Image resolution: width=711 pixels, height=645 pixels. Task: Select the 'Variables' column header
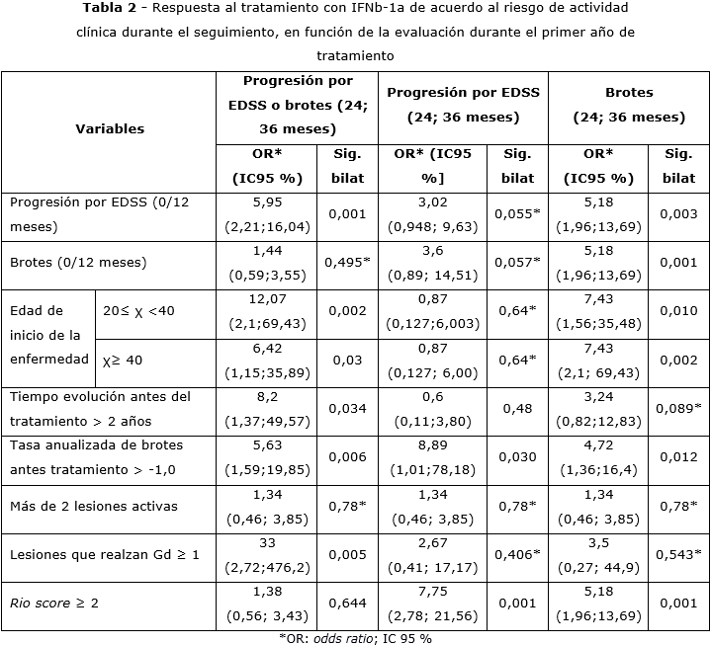coord(110,128)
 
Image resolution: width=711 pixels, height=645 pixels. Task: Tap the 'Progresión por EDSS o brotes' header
coord(298,105)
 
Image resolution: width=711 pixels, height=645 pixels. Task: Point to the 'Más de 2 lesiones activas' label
coord(94,507)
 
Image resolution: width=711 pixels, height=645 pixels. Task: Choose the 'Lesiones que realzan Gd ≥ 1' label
coord(105,555)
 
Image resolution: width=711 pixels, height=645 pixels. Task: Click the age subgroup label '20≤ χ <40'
coord(139,310)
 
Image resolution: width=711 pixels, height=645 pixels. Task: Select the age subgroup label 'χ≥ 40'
coord(123,360)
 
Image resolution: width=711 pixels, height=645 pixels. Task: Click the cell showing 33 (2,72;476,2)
coord(267,556)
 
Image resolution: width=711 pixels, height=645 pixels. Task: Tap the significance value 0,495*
coord(346,263)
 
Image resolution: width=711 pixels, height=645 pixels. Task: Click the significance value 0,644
coord(346,603)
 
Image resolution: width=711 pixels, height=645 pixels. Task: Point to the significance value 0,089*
coord(678,409)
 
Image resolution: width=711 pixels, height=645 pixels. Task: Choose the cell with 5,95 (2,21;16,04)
coord(267,214)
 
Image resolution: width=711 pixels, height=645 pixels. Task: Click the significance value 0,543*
coord(678,555)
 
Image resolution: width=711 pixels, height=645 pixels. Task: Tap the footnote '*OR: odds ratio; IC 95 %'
coord(354,637)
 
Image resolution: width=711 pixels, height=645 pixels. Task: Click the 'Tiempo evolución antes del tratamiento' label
coord(100,407)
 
